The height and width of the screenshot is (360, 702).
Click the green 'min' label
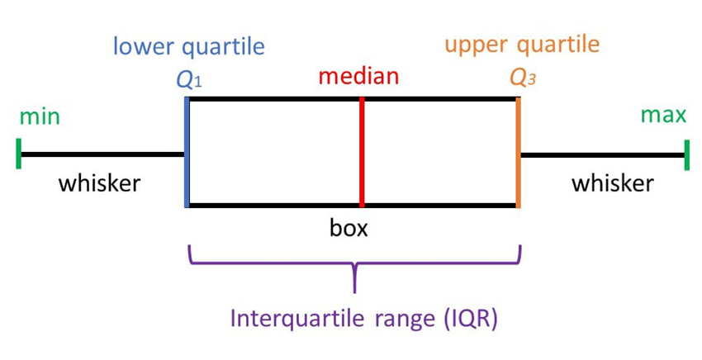coord(40,116)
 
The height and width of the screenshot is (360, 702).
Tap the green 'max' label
coord(664,115)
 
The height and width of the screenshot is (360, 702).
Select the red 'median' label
coord(358,77)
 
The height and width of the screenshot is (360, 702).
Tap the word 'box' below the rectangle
coord(349,227)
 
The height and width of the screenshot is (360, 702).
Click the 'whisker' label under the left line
coord(99,182)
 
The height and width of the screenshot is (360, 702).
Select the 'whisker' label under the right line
coord(612,182)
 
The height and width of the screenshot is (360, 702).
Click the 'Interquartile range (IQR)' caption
coord(363,319)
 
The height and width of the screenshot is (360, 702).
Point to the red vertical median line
coord(362,153)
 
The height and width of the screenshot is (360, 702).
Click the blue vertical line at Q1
coord(187,153)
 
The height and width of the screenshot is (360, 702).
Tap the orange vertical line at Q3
coord(518,153)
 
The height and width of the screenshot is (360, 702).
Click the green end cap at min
coord(18,154)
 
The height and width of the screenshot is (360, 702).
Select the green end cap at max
coord(687,154)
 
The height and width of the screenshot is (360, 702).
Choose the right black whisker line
coord(603,154)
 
